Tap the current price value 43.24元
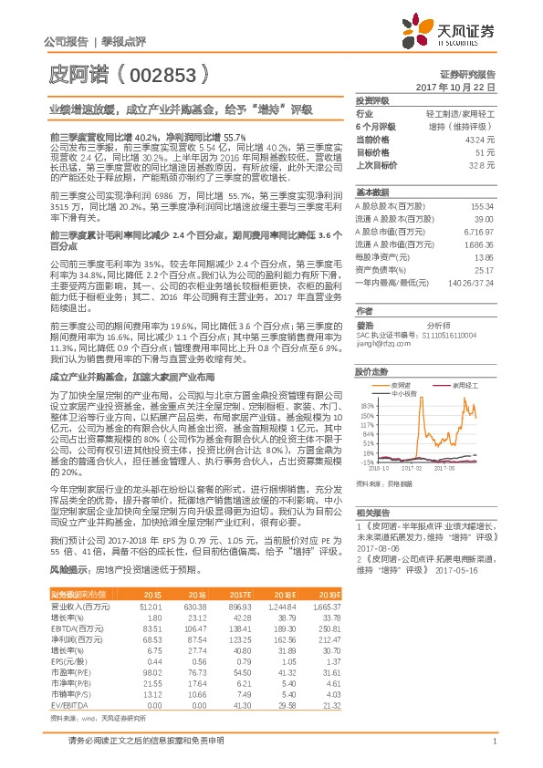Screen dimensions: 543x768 click(x=480, y=140)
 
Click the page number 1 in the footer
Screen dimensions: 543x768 click(x=494, y=741)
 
